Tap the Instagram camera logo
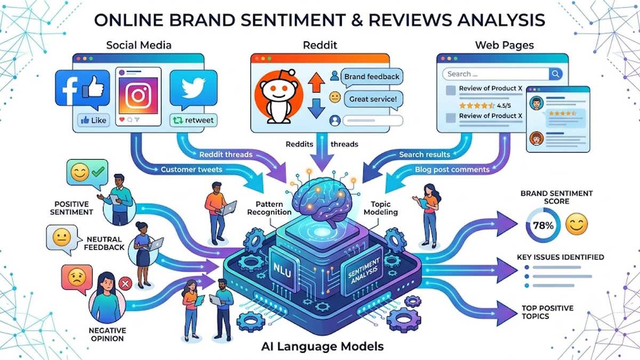pos(138,95)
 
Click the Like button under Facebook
pos(94,121)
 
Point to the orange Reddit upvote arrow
pos(316,82)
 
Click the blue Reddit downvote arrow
pos(316,109)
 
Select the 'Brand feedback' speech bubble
pos(372,77)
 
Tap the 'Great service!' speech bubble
pos(373,99)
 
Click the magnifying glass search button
pos(556,74)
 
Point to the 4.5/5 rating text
pos(503,106)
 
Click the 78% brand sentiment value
pos(543,226)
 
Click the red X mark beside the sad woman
pos(125,284)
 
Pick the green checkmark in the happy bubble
pos(98,171)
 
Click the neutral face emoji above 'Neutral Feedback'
pos(62,237)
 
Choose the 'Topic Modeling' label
pos(381,208)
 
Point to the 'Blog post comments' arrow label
pos(452,170)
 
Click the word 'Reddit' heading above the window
pos(320,45)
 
